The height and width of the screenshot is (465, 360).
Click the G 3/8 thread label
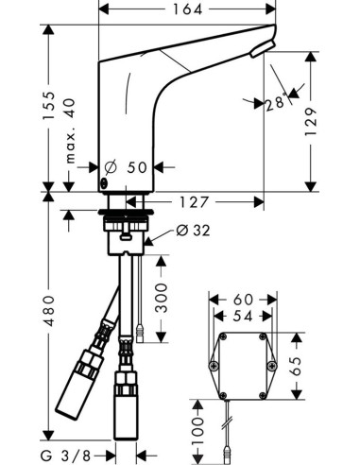tap(76, 456)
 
